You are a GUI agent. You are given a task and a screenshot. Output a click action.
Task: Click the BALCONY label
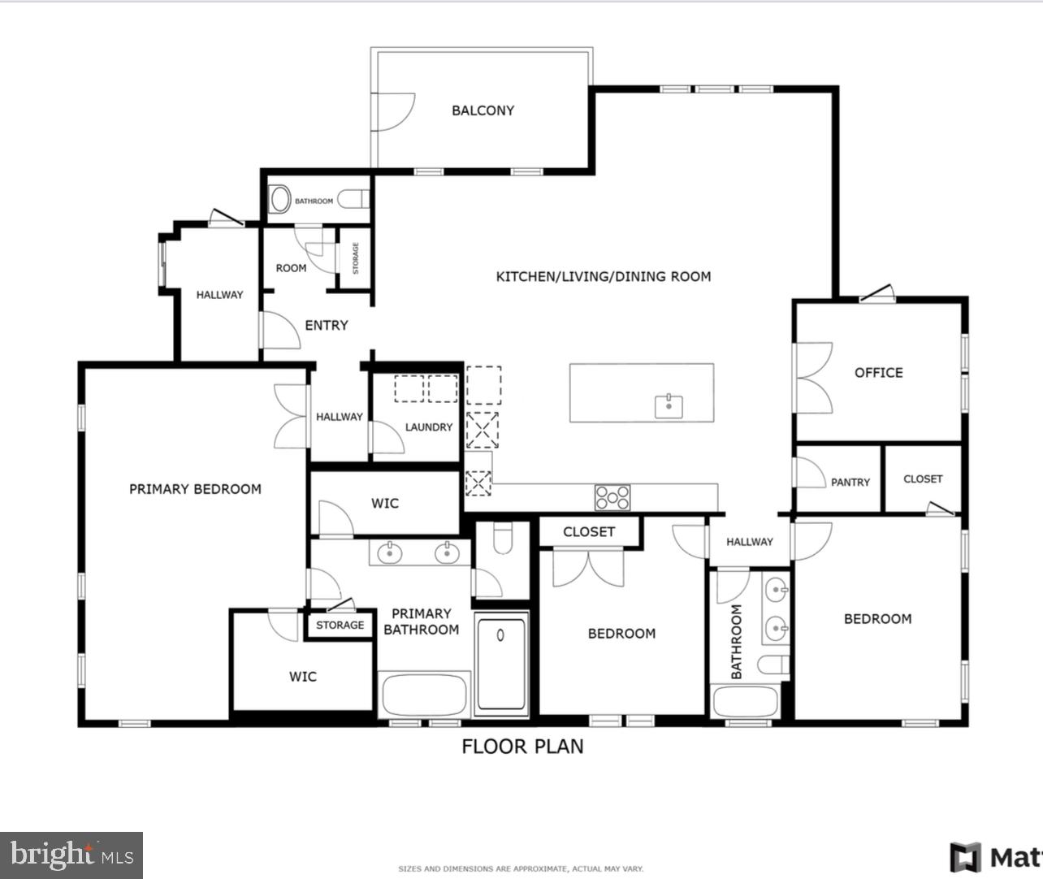[483, 110]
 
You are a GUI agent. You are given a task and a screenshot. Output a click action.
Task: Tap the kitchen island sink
[669, 405]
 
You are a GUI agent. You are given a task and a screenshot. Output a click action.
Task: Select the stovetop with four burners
[612, 497]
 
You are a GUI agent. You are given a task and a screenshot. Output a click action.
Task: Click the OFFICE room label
[878, 373]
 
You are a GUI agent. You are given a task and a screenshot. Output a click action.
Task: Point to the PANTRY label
[850, 483]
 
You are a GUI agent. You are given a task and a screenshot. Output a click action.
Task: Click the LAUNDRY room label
[428, 427]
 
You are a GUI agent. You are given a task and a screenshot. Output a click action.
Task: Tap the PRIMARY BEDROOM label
[195, 489]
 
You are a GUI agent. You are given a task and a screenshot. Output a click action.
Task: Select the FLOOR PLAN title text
[522, 747]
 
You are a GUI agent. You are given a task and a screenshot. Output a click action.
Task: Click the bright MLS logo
[71, 855]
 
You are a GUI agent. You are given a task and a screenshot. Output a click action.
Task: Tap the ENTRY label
[326, 325]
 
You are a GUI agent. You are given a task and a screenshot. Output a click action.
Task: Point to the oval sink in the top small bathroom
[279, 199]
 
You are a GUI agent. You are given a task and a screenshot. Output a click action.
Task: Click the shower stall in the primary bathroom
[501, 664]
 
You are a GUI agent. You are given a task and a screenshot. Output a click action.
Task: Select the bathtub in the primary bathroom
[423, 695]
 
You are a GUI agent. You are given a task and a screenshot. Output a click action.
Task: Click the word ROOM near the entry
[291, 268]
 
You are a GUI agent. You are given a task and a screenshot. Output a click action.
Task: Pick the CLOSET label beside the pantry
[923, 479]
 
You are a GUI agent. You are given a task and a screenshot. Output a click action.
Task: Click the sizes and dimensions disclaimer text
[520, 868]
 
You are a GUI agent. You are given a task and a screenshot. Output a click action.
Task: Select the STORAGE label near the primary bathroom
[340, 626]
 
